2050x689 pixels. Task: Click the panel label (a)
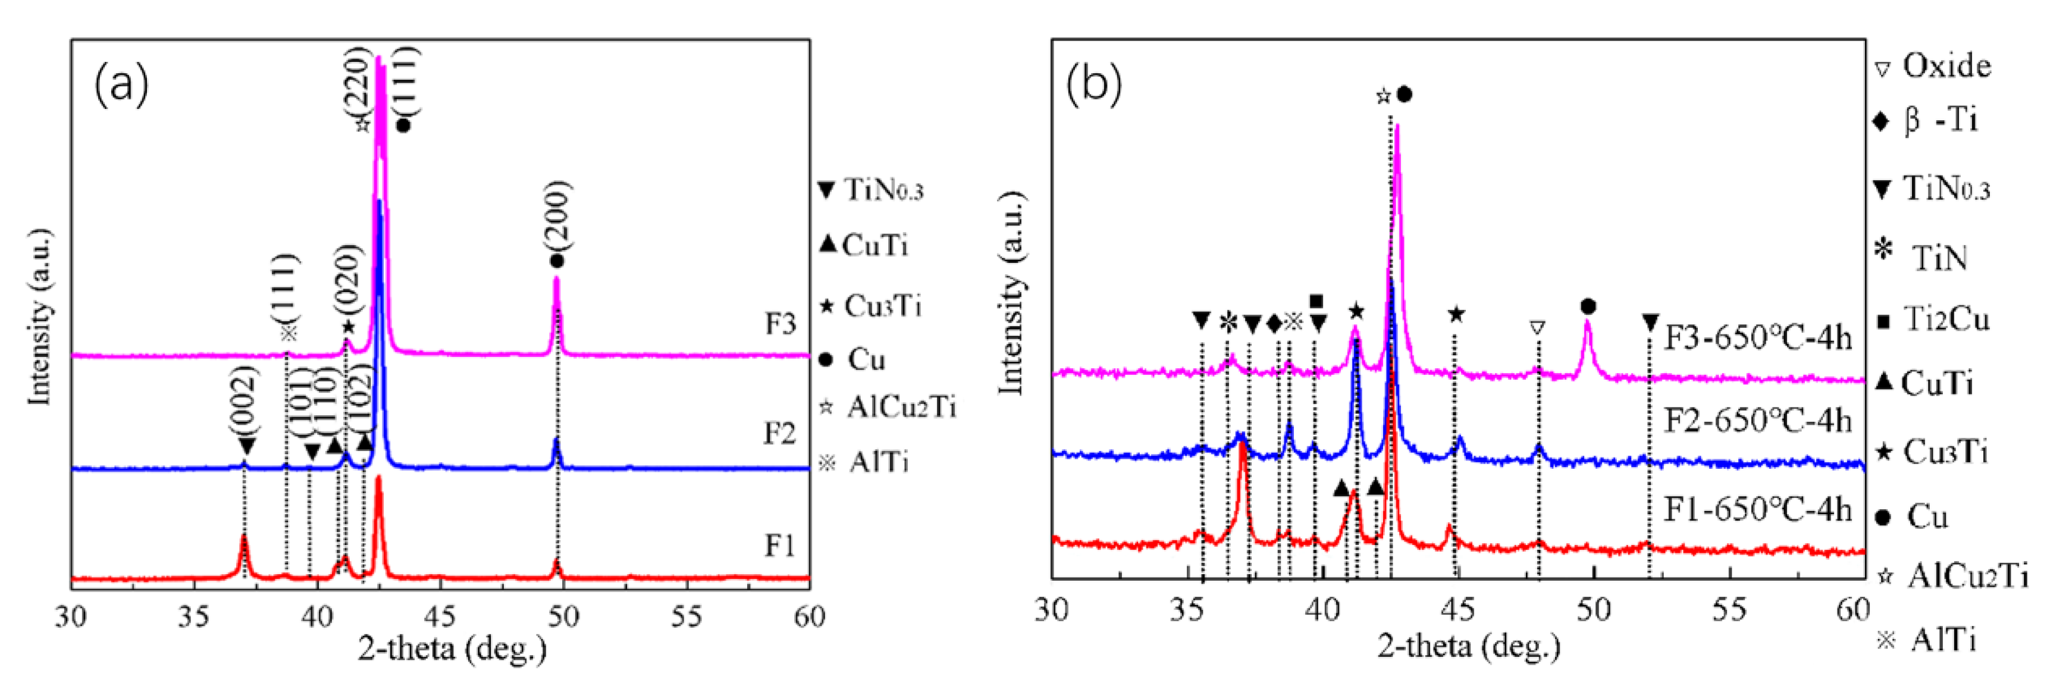tap(121, 85)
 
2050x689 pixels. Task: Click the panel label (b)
tap(1094, 83)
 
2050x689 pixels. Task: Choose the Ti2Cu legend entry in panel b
tap(1934, 320)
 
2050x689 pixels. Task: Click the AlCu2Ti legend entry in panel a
tap(888, 408)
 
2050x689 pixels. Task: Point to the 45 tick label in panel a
tap(440, 616)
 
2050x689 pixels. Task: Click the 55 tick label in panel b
tap(1729, 610)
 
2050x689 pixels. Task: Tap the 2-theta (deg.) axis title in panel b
tap(1469, 646)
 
